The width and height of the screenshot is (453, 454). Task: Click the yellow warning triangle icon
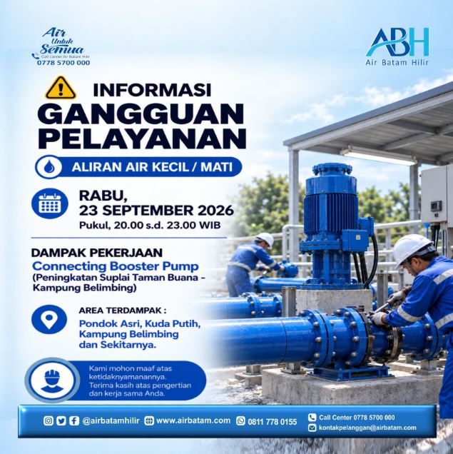[x=61, y=88]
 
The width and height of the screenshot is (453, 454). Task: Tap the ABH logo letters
[x=397, y=42]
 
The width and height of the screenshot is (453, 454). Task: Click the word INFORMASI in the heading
[x=152, y=90]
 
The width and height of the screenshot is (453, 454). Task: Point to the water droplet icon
[x=49, y=167]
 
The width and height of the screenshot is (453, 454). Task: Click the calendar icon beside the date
[x=50, y=203]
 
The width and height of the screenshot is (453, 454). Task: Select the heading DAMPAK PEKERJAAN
[x=96, y=253]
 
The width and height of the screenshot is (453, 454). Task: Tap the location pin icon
[x=49, y=319]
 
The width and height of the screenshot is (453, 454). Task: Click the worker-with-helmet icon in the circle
[x=52, y=380]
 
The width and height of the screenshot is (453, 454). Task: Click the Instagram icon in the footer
[x=49, y=420]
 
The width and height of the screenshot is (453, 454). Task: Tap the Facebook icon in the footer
[x=74, y=420]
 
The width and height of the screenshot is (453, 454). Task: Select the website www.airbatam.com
[x=193, y=420]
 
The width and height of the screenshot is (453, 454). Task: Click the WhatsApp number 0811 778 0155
[x=273, y=422]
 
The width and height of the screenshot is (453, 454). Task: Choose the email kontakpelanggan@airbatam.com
[x=367, y=428]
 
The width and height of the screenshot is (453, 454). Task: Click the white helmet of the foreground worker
[x=412, y=249]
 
